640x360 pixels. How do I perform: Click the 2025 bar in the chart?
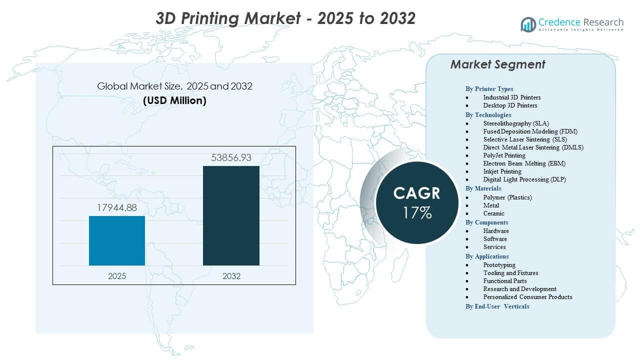coord(117,240)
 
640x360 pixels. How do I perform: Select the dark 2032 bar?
coord(231,215)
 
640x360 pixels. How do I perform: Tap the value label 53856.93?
coord(231,158)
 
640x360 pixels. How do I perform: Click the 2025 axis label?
coord(117,276)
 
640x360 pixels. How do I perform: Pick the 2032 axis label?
coord(231,276)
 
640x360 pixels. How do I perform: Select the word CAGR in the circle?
coord(417,193)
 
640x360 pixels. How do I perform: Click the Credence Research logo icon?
coord(528,24)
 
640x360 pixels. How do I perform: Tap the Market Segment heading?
coord(497,64)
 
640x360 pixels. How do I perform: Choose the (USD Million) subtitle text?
coord(174,100)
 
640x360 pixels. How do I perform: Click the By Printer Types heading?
coord(489,89)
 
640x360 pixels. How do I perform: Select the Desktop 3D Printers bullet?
coord(510,105)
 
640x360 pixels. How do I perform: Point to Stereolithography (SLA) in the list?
coord(515,123)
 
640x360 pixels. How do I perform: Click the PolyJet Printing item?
coord(504,155)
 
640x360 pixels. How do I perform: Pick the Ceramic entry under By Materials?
coord(493,213)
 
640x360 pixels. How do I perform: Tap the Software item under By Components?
coord(495,239)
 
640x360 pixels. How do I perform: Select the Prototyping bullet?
coord(499,265)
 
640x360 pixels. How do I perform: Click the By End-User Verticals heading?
coord(497,306)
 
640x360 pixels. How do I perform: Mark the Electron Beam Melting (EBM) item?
coord(524,163)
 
